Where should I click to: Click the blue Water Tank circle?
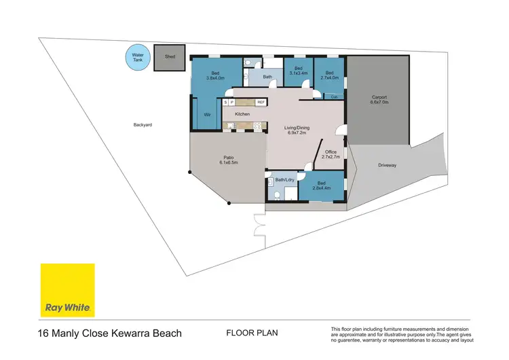point(138,58)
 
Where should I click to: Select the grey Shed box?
point(170,58)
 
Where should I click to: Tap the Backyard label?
point(142,125)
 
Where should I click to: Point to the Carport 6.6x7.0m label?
point(379,99)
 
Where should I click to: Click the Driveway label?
point(388,165)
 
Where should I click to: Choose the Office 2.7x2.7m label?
point(331,154)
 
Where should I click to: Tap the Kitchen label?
point(243,114)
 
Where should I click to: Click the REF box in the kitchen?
point(261,102)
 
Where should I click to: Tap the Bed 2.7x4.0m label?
point(331,75)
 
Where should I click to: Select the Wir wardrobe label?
point(207,115)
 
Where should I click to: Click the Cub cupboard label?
point(335,97)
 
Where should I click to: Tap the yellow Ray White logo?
point(68,291)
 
